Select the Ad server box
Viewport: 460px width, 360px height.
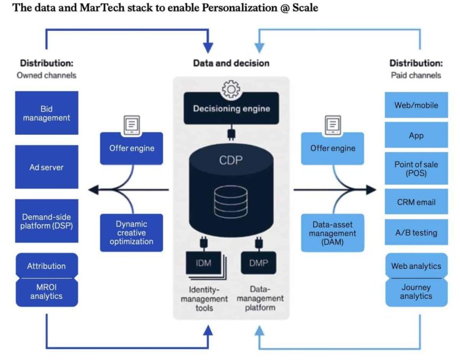47,167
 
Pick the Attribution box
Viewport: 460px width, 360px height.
47,266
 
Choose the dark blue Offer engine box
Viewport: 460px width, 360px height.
132,148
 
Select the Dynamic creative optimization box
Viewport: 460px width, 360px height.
132,233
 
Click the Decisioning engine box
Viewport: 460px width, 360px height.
231,109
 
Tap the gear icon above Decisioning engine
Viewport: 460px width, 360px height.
231,89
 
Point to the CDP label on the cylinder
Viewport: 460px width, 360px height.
231,160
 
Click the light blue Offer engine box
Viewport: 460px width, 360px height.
332,148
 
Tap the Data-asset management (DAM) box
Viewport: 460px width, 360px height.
332,233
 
